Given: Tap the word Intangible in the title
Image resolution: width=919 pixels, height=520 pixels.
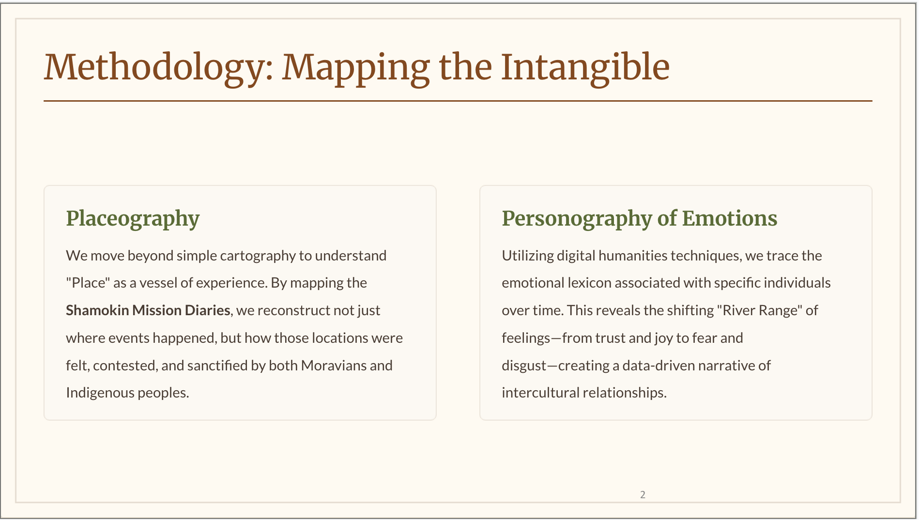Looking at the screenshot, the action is point(585,68).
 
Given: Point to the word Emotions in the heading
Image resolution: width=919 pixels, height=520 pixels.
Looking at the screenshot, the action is point(730,218).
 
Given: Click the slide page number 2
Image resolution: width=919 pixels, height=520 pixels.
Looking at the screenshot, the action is point(643,494).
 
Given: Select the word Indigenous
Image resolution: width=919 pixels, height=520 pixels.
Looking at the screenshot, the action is point(100,393).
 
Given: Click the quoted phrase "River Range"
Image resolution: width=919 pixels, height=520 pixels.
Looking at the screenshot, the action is point(759,311).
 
